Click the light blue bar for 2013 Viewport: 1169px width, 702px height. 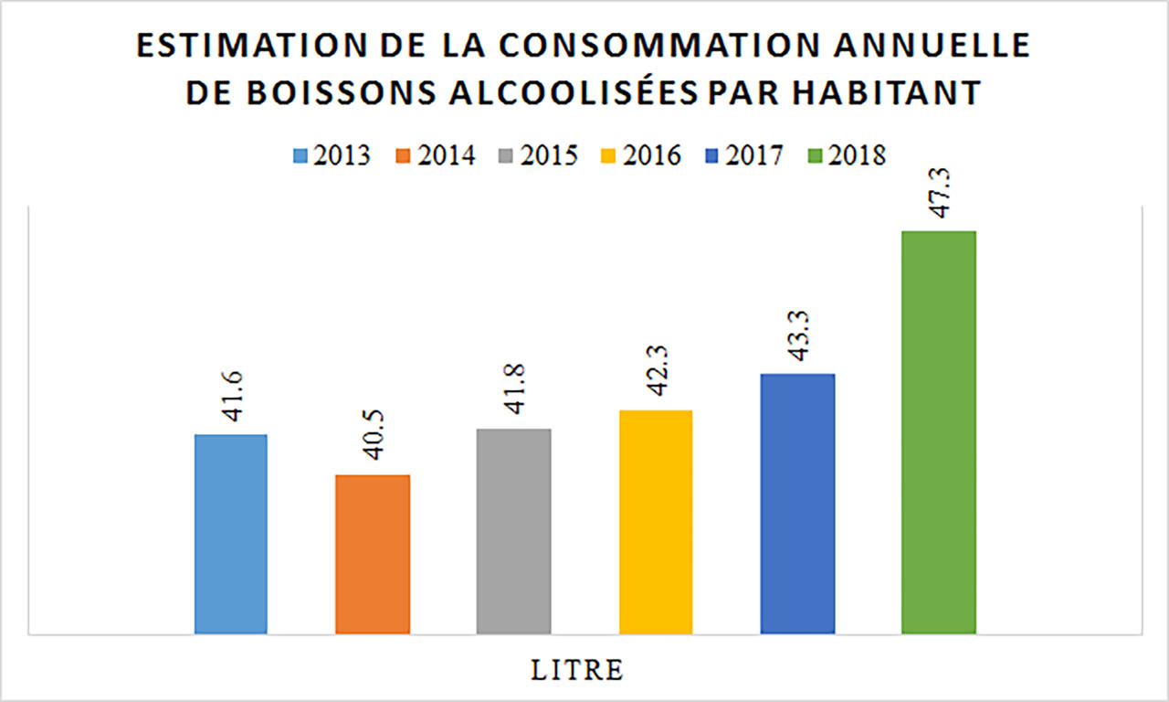tap(231, 534)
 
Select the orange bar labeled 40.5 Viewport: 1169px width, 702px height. tap(373, 554)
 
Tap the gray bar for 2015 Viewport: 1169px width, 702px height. tap(514, 531)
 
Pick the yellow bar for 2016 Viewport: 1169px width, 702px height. tap(656, 522)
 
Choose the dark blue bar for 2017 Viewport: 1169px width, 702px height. tap(797, 504)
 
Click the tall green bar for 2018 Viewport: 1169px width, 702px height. tap(939, 431)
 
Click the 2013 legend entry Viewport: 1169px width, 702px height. tap(332, 155)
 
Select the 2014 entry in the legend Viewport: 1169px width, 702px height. tap(437, 155)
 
